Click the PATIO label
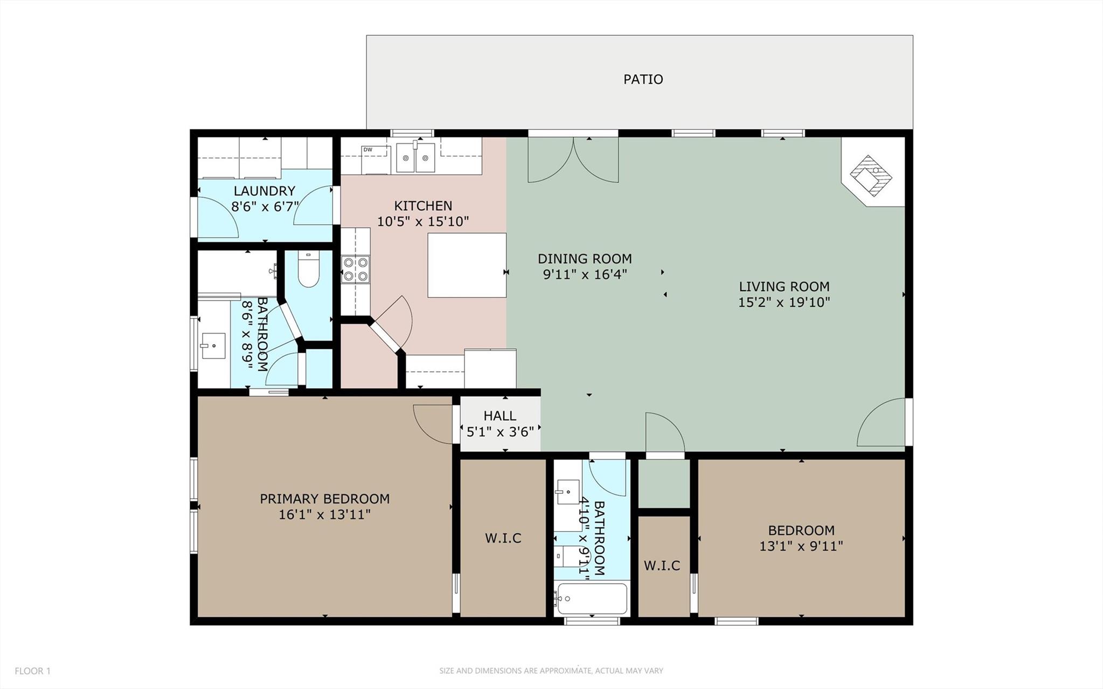[643, 79]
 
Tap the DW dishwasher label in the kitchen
[367, 149]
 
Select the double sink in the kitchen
[415, 158]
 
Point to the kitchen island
[467, 265]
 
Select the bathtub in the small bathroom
[592, 599]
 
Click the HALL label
[500, 416]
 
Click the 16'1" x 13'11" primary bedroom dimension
[324, 514]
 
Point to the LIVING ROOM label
[783, 287]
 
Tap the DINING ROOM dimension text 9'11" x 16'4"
[585, 274]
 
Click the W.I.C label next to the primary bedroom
[503, 538]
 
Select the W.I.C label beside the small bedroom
[662, 566]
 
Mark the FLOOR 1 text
[32, 671]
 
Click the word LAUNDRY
[264, 191]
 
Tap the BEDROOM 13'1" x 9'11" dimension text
[801, 546]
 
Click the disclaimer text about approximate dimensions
[551, 671]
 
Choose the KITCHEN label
[423, 205]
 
